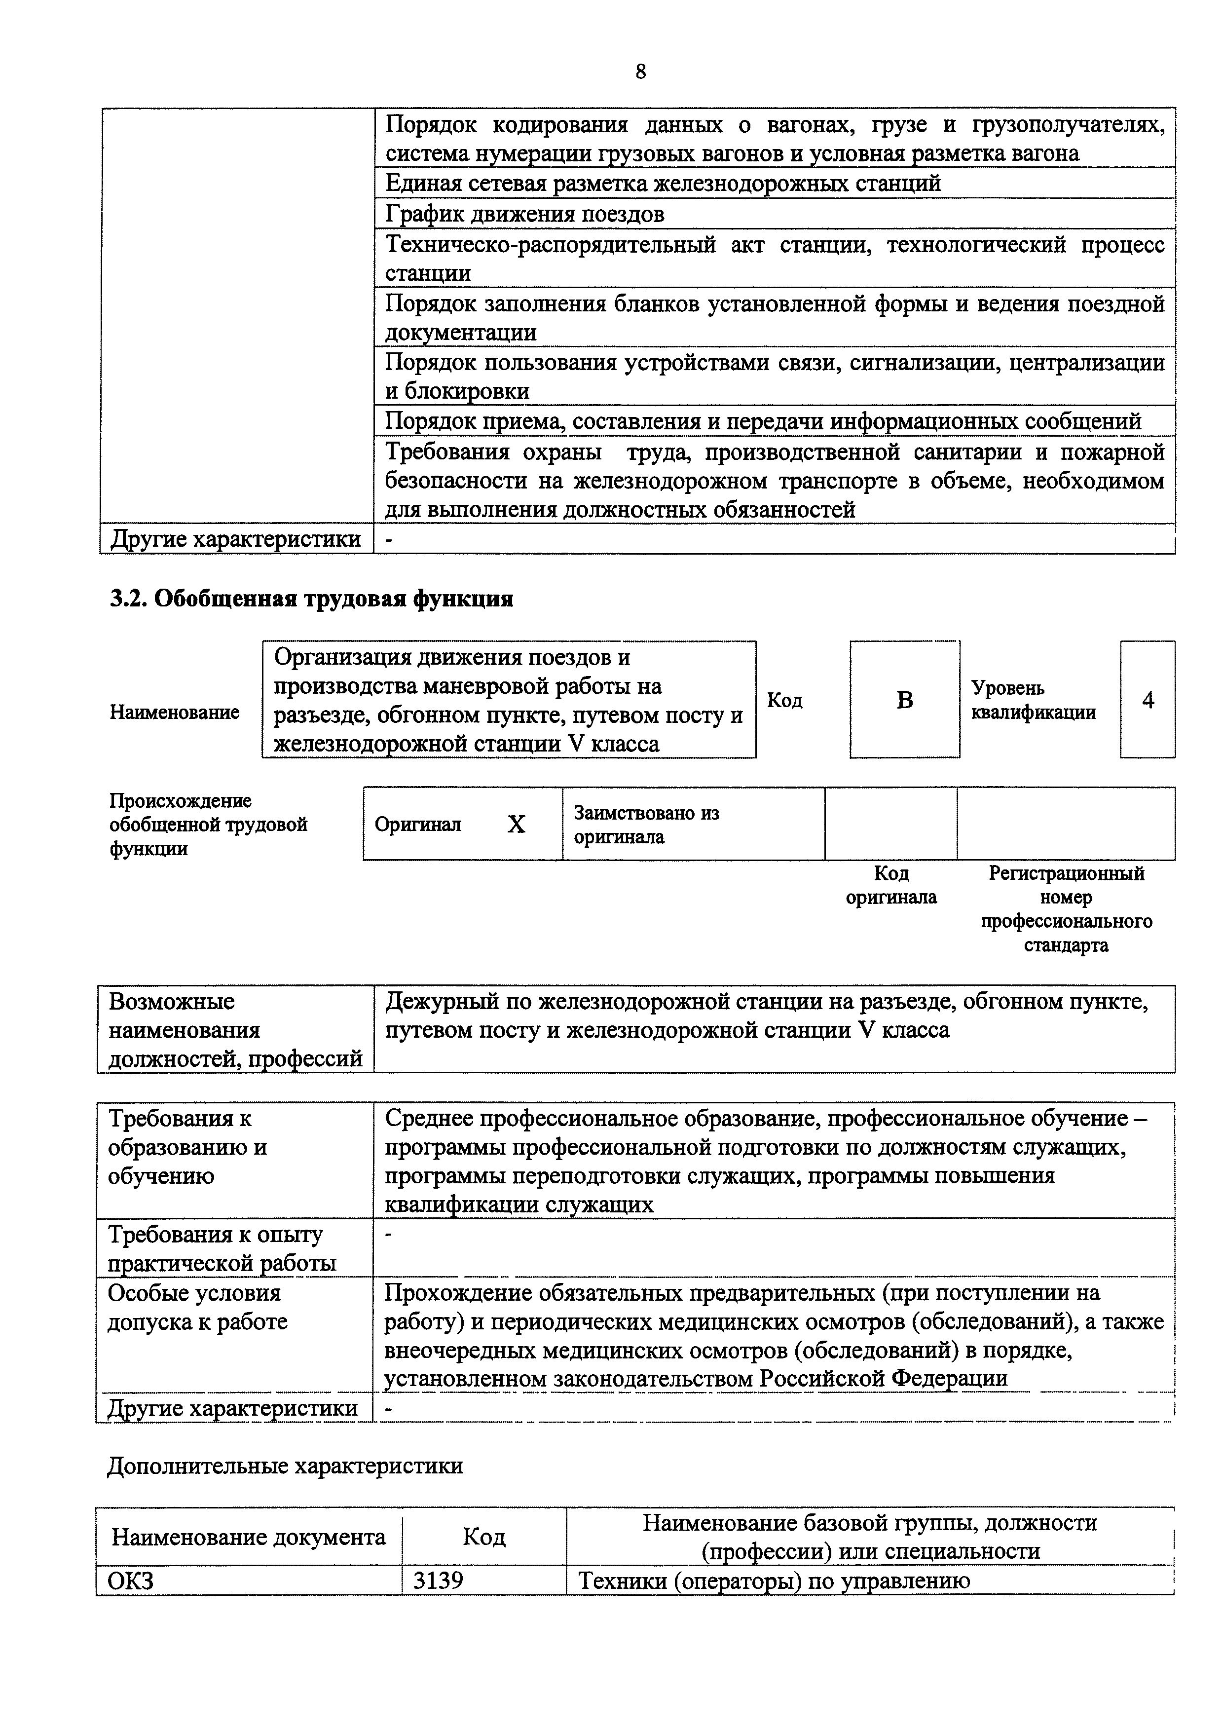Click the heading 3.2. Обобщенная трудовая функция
(x=311, y=600)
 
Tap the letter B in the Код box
(x=904, y=700)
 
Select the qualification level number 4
(x=1148, y=700)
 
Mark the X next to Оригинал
(x=516, y=825)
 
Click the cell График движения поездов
(x=525, y=215)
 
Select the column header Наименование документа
(x=249, y=1537)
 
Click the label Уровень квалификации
(x=1033, y=700)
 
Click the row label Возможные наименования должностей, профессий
(x=235, y=1030)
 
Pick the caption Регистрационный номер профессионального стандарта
(x=1066, y=909)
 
